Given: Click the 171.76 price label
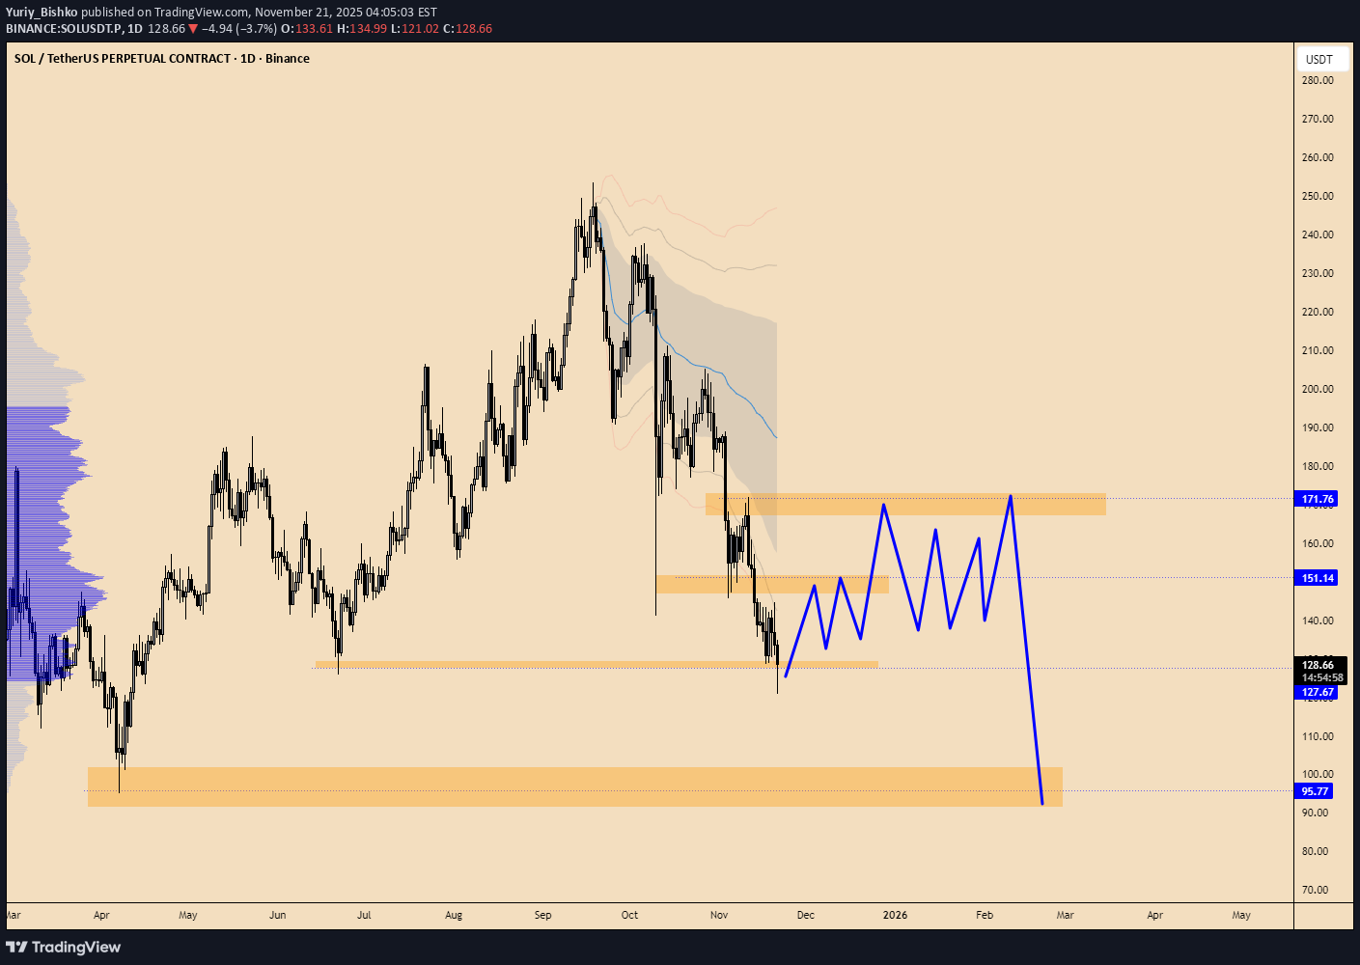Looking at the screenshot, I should click(1318, 499).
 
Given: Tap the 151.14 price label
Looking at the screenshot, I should click(1318, 578).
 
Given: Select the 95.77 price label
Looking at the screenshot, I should click(1315, 791).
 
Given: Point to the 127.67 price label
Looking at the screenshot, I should click(1318, 692).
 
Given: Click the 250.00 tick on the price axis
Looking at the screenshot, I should click(1318, 196).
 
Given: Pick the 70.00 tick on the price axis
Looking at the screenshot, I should click(1315, 890).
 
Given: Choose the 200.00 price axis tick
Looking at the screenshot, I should click(1318, 389).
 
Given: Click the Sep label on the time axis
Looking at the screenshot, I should click(542, 915).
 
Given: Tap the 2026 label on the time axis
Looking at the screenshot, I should click(895, 915).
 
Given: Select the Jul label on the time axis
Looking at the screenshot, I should click(364, 915).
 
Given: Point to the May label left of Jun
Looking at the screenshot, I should click(188, 915).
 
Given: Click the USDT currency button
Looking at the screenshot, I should click(1319, 59).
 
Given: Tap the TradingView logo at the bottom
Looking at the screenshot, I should click(64, 947).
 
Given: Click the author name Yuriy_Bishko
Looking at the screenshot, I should click(42, 13).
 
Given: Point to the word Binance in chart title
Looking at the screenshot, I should click(288, 59).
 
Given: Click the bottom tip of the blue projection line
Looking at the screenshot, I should click(1042, 804).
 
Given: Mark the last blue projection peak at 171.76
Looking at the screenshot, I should click(1011, 496).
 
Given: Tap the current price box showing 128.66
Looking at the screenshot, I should click(1318, 665).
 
